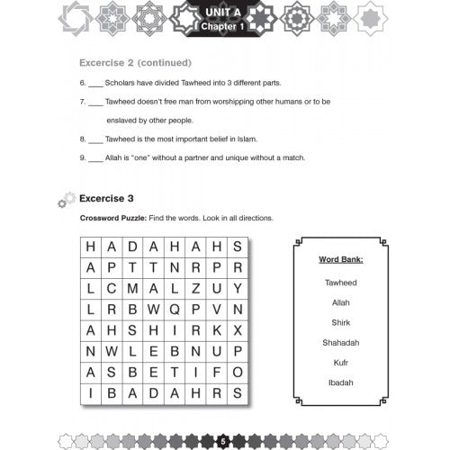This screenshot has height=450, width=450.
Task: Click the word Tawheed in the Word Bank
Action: tap(341, 282)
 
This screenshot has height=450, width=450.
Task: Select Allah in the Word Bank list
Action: tap(341, 301)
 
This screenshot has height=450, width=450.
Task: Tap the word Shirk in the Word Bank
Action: tap(341, 322)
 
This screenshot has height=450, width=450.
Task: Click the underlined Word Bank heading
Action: tap(341, 259)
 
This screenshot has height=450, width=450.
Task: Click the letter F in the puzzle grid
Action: tap(216, 371)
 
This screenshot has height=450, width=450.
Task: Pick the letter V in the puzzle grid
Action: tap(216, 309)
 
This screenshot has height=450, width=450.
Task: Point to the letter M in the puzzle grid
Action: tap(132, 288)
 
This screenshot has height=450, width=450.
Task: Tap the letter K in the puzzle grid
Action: tap(216, 329)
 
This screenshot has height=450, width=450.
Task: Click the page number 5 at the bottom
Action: tap(222, 440)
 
